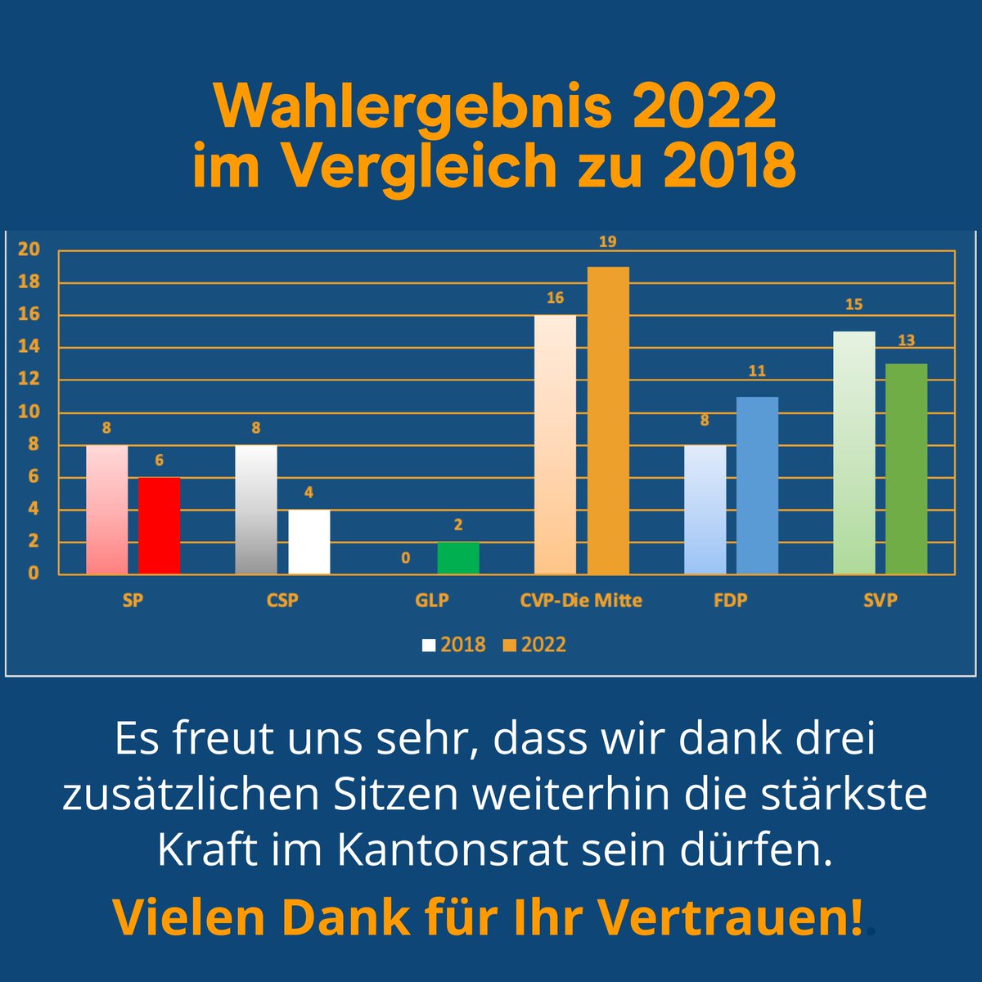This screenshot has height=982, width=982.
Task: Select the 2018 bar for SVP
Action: point(854,452)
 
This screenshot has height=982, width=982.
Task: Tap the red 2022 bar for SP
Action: point(159,525)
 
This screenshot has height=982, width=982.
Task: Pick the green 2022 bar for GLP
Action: point(458,557)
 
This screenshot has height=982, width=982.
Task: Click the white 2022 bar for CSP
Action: point(309,541)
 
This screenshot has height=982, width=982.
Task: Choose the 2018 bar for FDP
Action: point(705,509)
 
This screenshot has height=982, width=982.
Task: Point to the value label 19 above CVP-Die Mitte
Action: point(607,241)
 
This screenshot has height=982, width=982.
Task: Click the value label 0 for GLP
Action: point(406,558)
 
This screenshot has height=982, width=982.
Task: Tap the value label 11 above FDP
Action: point(757,371)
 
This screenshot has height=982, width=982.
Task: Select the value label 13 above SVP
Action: point(906,340)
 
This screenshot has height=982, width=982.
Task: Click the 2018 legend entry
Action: point(454,645)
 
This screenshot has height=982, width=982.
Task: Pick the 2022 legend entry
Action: point(534,645)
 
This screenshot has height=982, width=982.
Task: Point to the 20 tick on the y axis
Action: point(29,250)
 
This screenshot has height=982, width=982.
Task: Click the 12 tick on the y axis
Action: point(29,379)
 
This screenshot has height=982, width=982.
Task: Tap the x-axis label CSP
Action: point(282,600)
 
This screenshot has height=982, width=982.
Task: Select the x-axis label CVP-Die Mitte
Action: point(581,600)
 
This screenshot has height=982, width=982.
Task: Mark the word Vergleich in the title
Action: point(418,167)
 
